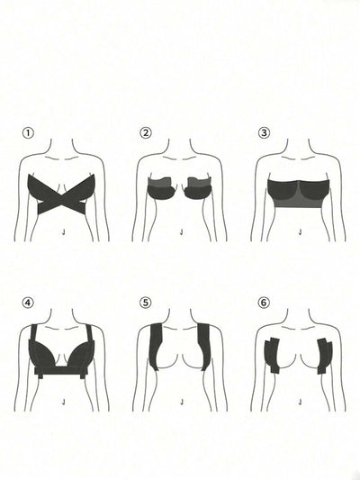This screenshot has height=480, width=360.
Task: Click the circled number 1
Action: coord(28,133)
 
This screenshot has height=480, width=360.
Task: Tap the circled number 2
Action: coord(146,133)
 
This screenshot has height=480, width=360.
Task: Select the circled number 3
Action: coord(264,133)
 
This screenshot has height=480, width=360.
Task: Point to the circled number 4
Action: coord(28,303)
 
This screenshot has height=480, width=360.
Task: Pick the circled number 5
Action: coord(146,303)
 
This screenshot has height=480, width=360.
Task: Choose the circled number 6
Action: coord(264,303)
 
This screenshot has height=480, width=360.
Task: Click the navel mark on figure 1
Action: coord(63,232)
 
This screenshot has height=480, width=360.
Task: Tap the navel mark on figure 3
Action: coord(300,232)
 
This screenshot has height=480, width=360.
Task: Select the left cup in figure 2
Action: coord(162,188)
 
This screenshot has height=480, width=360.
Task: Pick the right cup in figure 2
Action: coord(198,188)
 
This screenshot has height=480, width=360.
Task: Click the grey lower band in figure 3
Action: coord(299,202)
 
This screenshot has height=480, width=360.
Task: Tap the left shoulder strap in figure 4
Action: coord(34,332)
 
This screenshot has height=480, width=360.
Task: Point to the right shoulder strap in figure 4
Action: coord(90,332)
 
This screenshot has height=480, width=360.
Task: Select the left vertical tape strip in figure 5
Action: coord(157,345)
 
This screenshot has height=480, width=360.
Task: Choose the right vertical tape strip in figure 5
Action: coord(204,345)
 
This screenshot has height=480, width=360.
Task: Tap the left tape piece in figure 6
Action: coord(272,355)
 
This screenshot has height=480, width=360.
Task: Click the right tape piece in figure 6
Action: coord(325,355)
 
